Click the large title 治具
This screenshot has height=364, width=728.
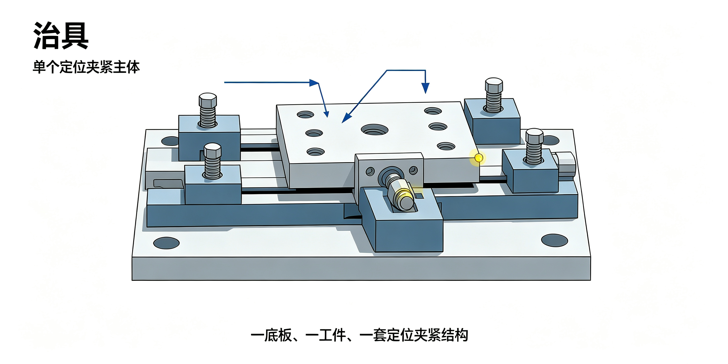click(x=61, y=36)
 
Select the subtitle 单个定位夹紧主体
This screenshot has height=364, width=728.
click(x=86, y=67)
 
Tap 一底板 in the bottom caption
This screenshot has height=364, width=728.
click(x=271, y=335)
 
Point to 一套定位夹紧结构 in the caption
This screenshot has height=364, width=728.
click(x=414, y=335)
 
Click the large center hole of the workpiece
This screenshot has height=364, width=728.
click(x=374, y=130)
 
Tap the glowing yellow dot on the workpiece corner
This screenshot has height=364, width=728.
click(x=479, y=157)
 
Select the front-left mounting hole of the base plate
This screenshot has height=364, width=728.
click(x=166, y=243)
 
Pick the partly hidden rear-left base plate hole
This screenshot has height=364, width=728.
click(x=170, y=141)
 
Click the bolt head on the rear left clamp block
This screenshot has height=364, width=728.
click(x=208, y=100)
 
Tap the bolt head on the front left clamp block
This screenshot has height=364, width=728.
click(x=213, y=150)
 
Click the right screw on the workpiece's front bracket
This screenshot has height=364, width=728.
click(x=413, y=170)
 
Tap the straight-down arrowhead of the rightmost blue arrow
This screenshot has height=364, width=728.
click(x=425, y=88)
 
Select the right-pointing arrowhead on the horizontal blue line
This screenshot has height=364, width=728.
click(x=314, y=82)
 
